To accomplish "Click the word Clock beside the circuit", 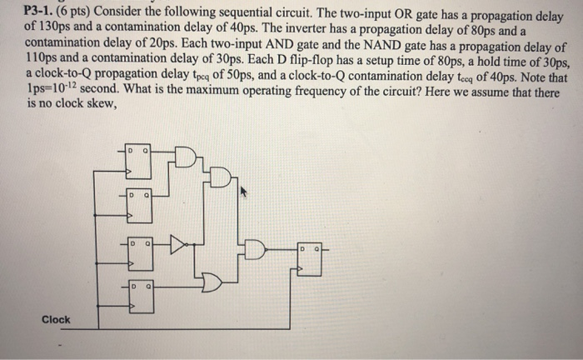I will tap(57, 320).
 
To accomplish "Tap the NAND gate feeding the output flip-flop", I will tap(255, 247).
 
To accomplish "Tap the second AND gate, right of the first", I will tap(220, 177).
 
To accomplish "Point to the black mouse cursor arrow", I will tap(244, 192).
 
